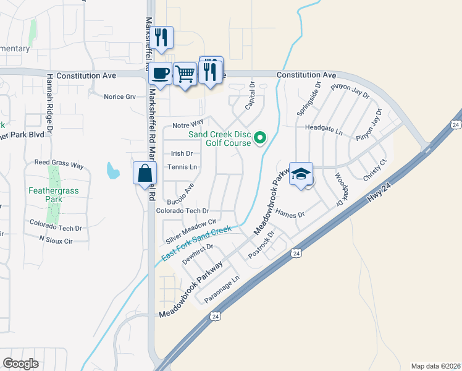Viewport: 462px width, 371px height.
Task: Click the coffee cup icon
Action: click(x=161, y=74)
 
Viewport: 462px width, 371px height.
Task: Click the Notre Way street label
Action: click(x=188, y=124)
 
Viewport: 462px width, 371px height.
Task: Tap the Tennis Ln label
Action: click(x=182, y=167)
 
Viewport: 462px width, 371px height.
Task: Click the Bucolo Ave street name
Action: click(x=180, y=194)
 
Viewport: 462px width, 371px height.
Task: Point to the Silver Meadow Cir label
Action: click(x=190, y=231)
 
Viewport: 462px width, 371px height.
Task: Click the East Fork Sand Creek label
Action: click(x=196, y=244)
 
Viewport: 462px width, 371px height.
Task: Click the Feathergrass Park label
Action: click(x=54, y=195)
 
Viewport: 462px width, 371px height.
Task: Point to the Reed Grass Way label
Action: click(x=59, y=165)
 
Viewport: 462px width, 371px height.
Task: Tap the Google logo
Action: click(x=21, y=364)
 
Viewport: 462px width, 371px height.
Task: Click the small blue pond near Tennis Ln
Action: click(x=112, y=170)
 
